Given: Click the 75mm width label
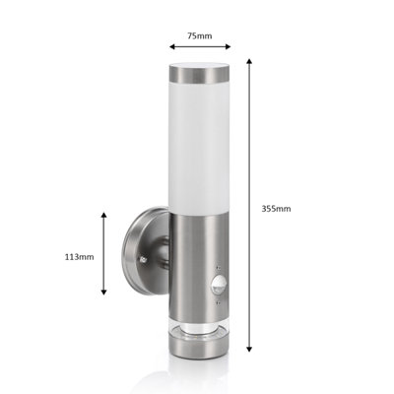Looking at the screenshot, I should point(199,35).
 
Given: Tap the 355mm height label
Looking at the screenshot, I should point(277,209).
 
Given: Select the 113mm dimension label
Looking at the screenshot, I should point(79,256).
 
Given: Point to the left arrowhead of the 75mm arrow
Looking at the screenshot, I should point(169,46).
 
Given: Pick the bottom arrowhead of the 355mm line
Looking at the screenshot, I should point(250,349).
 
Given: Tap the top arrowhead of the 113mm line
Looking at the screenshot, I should point(105,210).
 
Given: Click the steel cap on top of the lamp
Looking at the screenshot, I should point(200,73).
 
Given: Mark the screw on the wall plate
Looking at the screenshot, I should point(148,259).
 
